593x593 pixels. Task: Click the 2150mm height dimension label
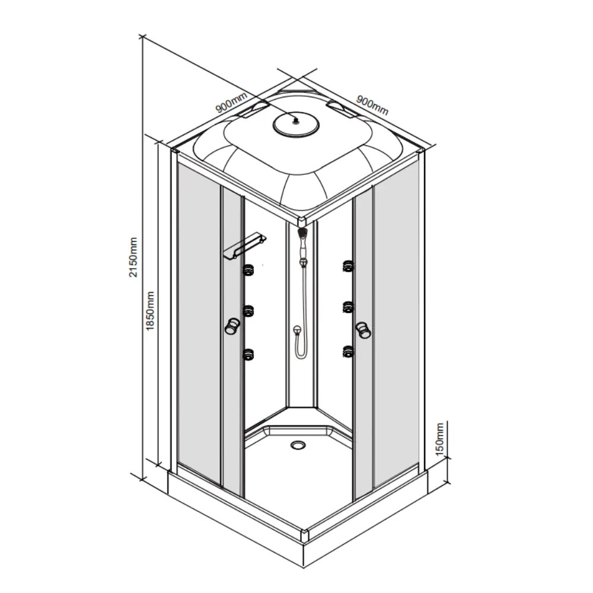pos(133,257)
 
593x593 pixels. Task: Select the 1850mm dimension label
pos(150,311)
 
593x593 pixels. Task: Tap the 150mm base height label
pos(439,439)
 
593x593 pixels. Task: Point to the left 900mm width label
pos(231,103)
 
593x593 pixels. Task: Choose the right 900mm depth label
pos(372,105)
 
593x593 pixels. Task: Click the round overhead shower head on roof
pos(296,124)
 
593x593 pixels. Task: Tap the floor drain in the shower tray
pos(298,444)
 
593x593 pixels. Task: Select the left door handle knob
pos(231,326)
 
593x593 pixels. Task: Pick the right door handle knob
pos(364,329)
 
